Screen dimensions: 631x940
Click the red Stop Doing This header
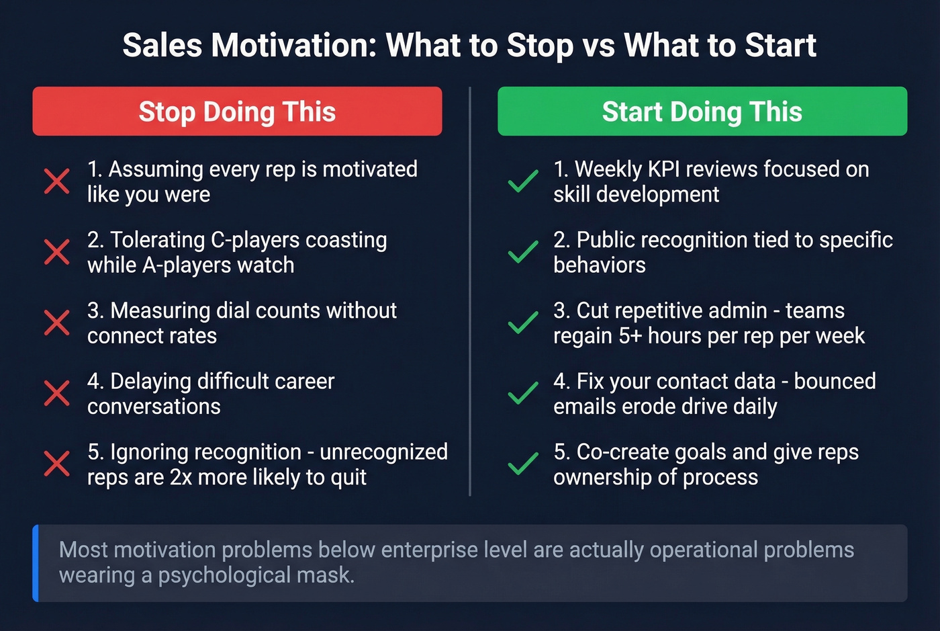237,112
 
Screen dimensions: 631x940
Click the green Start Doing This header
702,112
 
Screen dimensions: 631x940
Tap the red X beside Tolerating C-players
57,252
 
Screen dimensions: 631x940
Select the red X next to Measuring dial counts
57,323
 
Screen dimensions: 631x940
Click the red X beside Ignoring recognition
57,464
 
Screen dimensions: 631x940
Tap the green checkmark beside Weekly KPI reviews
523,181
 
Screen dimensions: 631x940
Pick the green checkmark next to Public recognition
523,252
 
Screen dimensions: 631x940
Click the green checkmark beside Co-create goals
523,464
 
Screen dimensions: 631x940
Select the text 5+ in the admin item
630,336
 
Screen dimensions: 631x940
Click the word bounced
835,381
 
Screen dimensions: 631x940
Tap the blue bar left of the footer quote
36,563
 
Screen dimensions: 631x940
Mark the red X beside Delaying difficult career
57,393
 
